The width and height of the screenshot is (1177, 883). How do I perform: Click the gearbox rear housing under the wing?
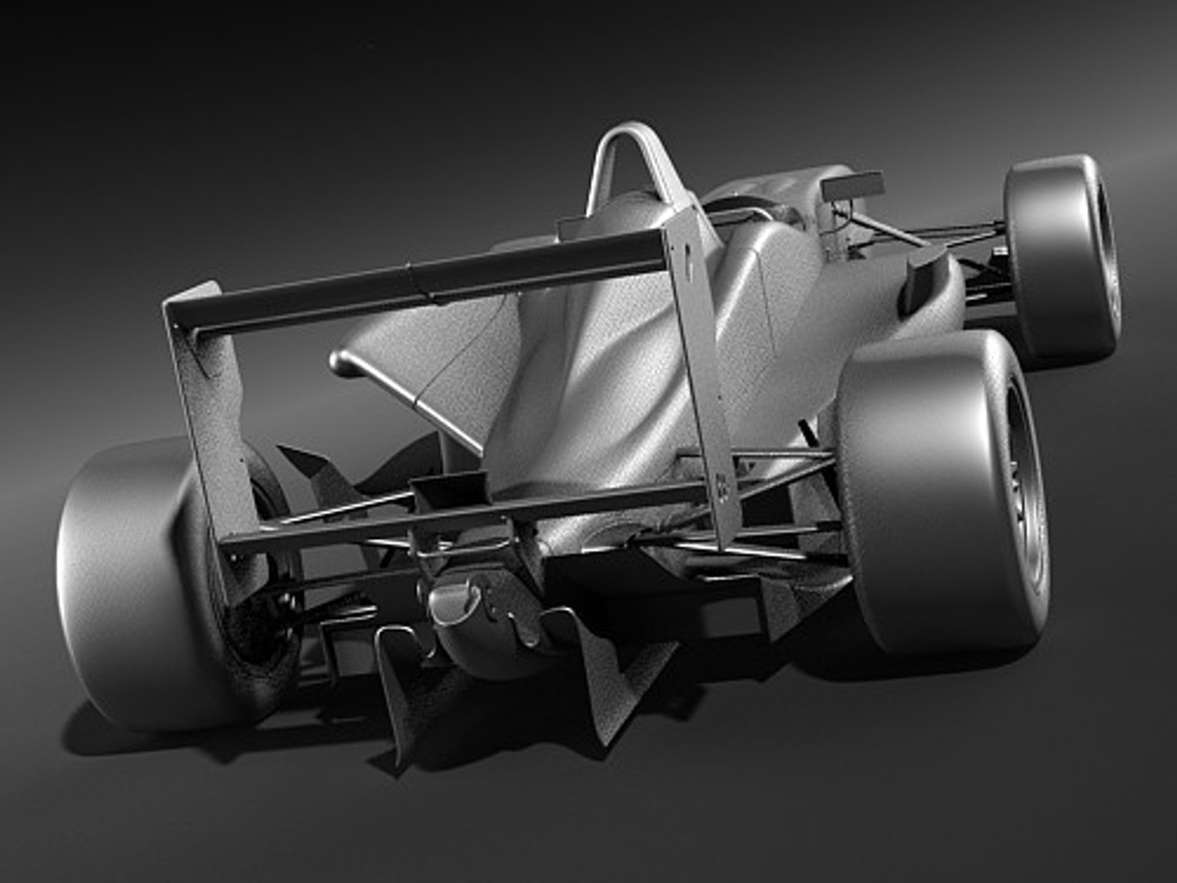[474, 621]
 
